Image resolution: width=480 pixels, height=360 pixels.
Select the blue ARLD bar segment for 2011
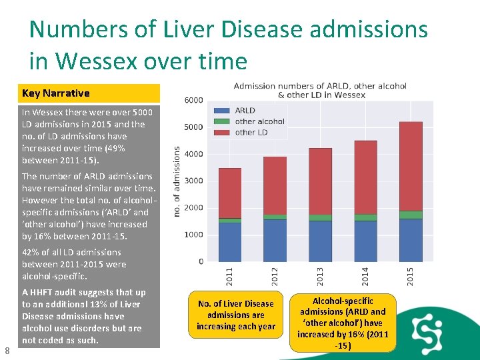[230, 242]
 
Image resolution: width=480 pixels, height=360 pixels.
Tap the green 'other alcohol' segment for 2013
[320, 217]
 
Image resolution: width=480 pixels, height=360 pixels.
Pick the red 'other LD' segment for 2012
[275, 186]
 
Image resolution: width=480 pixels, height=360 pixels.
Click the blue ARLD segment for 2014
[365, 241]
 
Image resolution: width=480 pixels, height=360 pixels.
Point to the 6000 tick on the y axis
[194, 100]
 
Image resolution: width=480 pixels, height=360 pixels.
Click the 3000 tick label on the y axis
[194, 181]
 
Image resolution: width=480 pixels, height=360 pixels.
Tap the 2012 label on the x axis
[275, 275]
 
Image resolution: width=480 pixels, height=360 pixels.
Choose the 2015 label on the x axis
[410, 275]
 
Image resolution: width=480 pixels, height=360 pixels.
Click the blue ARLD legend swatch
[222, 111]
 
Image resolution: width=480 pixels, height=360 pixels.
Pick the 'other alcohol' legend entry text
[259, 121]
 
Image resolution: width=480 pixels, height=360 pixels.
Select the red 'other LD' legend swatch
[222, 132]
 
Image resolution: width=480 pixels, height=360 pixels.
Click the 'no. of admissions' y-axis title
[177, 181]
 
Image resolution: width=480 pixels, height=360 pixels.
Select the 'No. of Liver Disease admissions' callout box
[236, 315]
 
